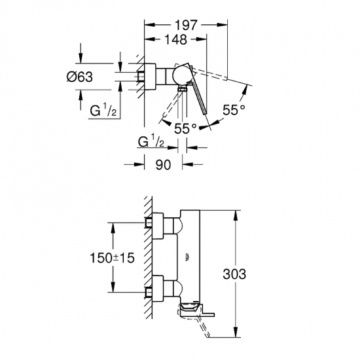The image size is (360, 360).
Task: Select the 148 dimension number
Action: click(175, 39)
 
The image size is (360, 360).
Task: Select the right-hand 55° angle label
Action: click(234, 110)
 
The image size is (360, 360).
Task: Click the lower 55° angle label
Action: click(186, 129)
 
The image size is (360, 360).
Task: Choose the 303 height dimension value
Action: click(234, 274)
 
